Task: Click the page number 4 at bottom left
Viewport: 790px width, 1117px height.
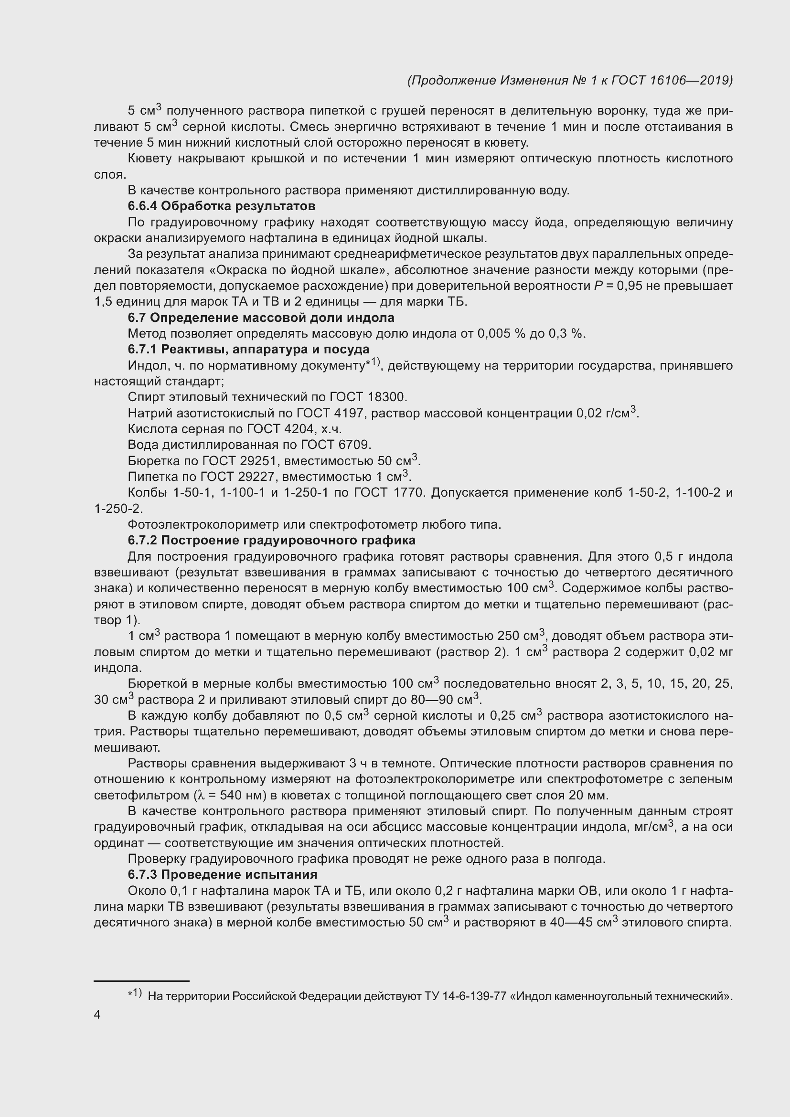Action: pos(97,1015)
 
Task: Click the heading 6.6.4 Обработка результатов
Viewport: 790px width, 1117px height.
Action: pos(221,206)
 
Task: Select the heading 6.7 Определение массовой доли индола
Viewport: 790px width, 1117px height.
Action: pos(261,318)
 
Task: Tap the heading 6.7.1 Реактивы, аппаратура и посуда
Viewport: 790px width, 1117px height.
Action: pos(248,349)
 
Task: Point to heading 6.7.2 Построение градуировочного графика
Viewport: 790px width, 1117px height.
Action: pos(271,541)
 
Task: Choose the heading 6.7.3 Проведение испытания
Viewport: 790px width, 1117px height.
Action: pos(222,875)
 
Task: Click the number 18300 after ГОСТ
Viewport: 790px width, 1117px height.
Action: pos(386,397)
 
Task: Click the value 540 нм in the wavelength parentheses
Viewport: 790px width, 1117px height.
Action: pos(241,796)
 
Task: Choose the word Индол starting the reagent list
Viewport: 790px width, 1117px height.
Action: pos(144,365)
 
